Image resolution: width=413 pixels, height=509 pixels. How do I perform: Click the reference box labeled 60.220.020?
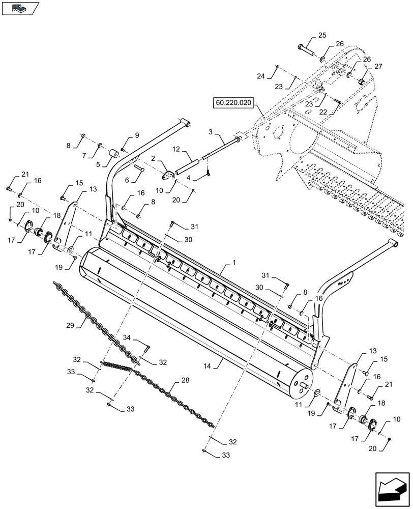coord(233,103)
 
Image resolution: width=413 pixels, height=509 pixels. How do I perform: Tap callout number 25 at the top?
coord(322,35)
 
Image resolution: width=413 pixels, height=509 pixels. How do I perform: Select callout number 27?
coord(378,66)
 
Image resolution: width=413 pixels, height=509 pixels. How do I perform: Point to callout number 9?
coord(136,135)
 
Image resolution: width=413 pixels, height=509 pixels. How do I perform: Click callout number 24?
coord(261,76)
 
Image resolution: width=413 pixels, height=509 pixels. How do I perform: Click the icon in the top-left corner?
coord(20,8)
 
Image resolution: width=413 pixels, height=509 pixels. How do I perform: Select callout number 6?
coord(127,179)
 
